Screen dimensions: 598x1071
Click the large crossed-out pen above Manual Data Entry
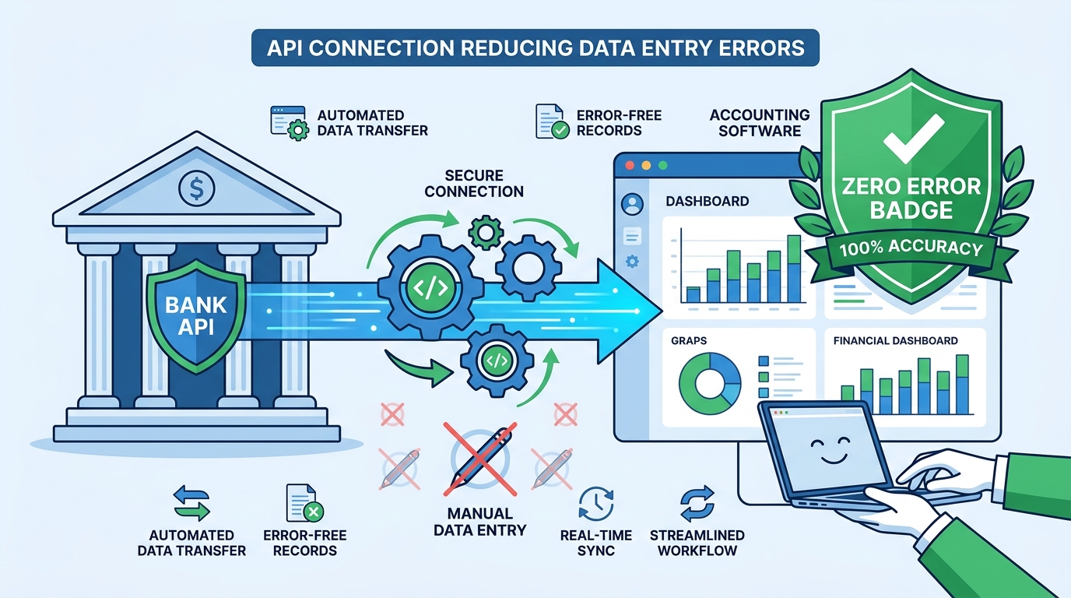click(x=479, y=459)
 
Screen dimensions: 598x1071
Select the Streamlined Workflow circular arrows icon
click(x=696, y=503)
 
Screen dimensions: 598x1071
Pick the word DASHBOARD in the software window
click(x=707, y=201)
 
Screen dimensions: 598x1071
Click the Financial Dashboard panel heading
click(x=895, y=340)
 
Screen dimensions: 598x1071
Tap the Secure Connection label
click(x=474, y=184)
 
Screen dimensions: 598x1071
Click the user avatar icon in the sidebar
click(x=632, y=204)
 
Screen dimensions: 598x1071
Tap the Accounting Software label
click(x=760, y=122)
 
